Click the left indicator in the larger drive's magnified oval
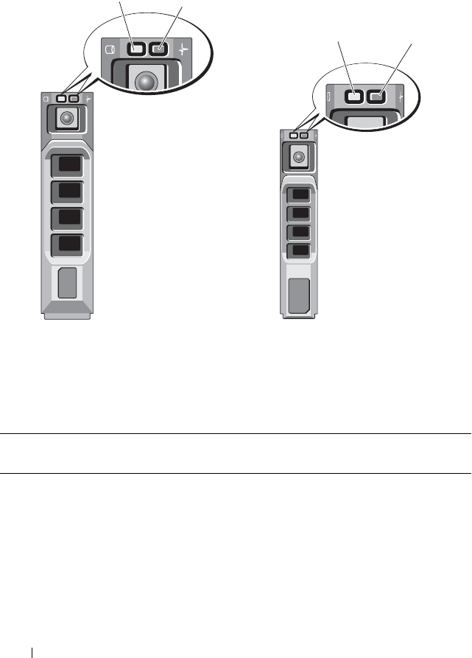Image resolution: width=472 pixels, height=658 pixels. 135,49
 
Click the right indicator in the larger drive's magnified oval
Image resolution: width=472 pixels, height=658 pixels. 157,49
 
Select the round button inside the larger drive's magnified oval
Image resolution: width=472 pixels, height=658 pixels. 147,82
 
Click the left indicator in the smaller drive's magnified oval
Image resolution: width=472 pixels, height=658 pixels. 354,95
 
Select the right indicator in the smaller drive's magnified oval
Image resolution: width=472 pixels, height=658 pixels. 377,95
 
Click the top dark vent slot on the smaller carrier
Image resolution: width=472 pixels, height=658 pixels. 299,195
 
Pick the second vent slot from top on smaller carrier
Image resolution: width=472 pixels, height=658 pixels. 299,214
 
